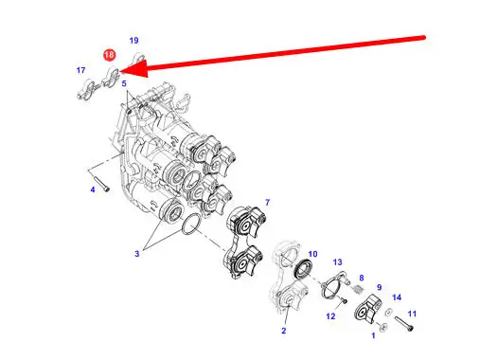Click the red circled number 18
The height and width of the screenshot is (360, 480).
109,55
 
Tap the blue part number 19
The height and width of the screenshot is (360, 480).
133,41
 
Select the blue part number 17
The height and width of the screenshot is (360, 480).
80,70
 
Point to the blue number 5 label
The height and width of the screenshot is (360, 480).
124,83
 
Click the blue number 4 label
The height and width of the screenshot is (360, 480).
93,189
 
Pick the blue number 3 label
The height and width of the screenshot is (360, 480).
137,254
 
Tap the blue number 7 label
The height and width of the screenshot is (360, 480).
268,202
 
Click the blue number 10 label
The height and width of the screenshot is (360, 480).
312,254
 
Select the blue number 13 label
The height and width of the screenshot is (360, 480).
337,262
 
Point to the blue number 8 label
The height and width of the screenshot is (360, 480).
362,278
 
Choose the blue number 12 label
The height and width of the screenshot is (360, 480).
330,316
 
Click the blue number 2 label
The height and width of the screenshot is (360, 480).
284,331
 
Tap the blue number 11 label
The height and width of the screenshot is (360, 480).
412,314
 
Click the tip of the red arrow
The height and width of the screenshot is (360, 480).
121,72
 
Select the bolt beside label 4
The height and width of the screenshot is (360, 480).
101,183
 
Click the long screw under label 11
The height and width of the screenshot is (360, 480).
403,324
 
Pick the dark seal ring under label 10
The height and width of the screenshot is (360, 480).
303,268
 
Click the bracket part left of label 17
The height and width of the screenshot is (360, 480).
86,90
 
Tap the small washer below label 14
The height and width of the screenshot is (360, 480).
388,313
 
